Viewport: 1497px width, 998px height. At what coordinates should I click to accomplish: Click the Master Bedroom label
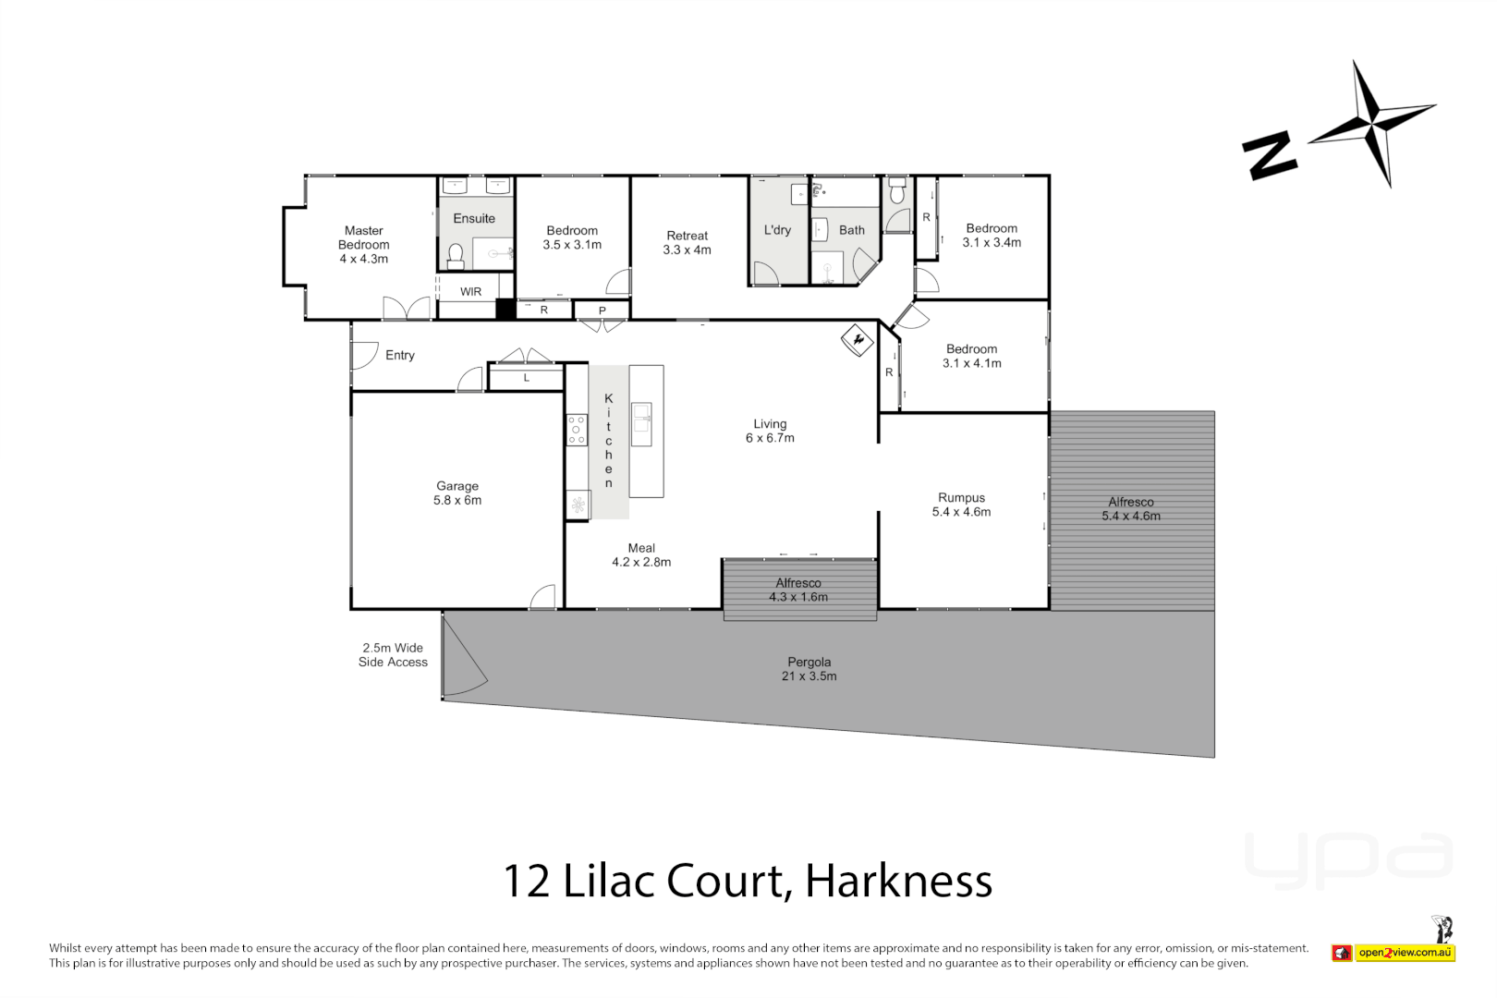(x=363, y=245)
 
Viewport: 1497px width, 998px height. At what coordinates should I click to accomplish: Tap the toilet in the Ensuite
(x=455, y=254)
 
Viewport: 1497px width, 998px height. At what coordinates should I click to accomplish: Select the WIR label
(x=470, y=292)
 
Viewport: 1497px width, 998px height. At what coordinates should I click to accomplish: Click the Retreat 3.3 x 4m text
(x=687, y=243)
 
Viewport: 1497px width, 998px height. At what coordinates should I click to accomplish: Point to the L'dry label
(x=777, y=230)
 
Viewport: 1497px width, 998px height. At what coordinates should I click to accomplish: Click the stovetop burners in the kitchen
(x=577, y=430)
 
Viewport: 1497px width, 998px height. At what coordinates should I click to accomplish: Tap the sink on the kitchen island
(x=641, y=418)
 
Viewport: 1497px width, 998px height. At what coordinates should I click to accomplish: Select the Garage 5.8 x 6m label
(x=457, y=493)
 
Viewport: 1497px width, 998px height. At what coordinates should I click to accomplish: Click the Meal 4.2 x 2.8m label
(x=641, y=555)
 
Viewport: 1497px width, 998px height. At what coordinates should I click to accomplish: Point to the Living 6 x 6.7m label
(x=770, y=432)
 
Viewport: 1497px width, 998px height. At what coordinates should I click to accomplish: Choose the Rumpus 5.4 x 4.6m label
(x=961, y=505)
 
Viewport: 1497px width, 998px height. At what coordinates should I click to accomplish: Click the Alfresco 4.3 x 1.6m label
(x=798, y=590)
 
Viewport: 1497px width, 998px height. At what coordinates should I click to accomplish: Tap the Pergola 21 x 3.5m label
(x=809, y=669)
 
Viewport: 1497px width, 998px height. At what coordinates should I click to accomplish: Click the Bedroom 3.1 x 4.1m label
(x=971, y=356)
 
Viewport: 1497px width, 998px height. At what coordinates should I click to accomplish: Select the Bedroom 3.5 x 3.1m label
(x=572, y=237)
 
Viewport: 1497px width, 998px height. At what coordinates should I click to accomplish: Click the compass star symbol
(x=1372, y=123)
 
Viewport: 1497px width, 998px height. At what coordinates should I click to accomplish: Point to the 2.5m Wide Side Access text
(x=393, y=655)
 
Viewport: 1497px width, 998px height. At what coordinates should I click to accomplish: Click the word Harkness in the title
(x=898, y=881)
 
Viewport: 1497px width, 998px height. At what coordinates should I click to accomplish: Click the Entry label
(x=399, y=356)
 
